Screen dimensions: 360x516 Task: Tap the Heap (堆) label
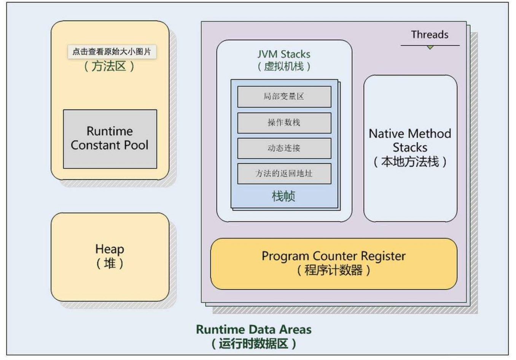110,256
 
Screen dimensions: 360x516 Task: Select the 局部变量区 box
284,97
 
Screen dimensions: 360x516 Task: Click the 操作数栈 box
284,123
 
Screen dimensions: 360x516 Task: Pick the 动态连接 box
284,148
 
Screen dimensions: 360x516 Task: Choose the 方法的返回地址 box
284,174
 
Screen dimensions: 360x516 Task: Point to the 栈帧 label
283,196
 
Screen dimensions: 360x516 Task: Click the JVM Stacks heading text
284,54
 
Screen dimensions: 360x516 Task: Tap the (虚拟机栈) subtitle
284,67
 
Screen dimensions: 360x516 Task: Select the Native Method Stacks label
410,140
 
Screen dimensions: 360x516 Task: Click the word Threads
430,35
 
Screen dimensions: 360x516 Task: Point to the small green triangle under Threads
430,48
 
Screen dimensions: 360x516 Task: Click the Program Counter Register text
333,256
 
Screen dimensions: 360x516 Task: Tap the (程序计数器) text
333,270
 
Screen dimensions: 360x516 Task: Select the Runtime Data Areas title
253,329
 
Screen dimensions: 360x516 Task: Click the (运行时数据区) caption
253,344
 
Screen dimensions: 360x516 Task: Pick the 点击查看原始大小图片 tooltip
112,52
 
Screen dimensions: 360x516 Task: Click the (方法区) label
109,66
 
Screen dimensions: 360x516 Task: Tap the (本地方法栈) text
410,162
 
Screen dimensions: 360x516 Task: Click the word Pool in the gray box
135,145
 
